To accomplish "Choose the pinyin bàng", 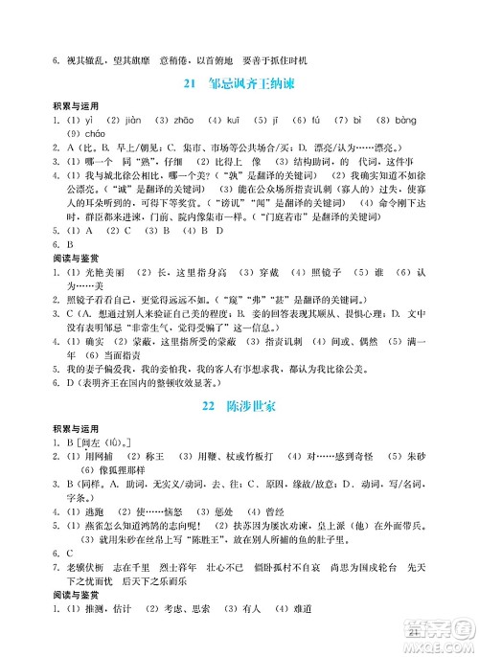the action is click(406, 120).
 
